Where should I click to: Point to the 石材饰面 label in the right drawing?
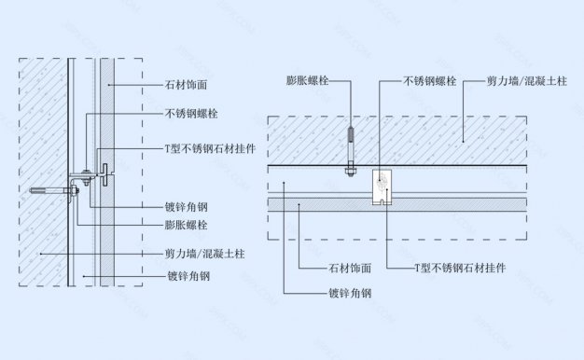[351, 268]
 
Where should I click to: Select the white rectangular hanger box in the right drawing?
[382, 187]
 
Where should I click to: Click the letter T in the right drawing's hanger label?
[419, 268]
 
